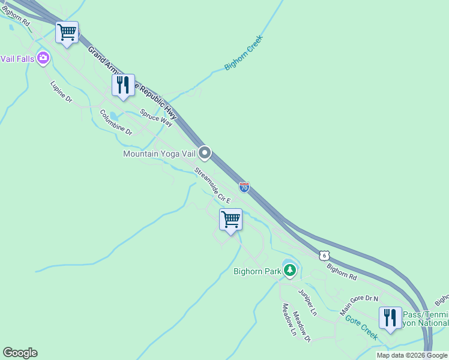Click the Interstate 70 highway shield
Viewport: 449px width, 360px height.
(x=244, y=187)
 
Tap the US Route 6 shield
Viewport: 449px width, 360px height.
(x=324, y=255)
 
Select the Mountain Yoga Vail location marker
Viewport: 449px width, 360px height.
(x=205, y=153)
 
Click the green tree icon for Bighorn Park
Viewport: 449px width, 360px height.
(x=290, y=271)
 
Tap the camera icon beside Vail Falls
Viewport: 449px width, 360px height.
(x=43, y=58)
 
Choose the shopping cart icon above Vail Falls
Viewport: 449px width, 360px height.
(x=67, y=32)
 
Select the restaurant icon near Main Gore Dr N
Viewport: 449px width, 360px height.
(x=390, y=317)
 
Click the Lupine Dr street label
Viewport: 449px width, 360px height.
(x=61, y=91)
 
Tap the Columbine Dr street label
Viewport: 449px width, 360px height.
(x=115, y=122)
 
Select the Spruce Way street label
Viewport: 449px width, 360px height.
(x=156, y=118)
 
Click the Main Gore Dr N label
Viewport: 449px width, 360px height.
(x=360, y=305)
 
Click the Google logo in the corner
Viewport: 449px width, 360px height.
(x=20, y=353)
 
